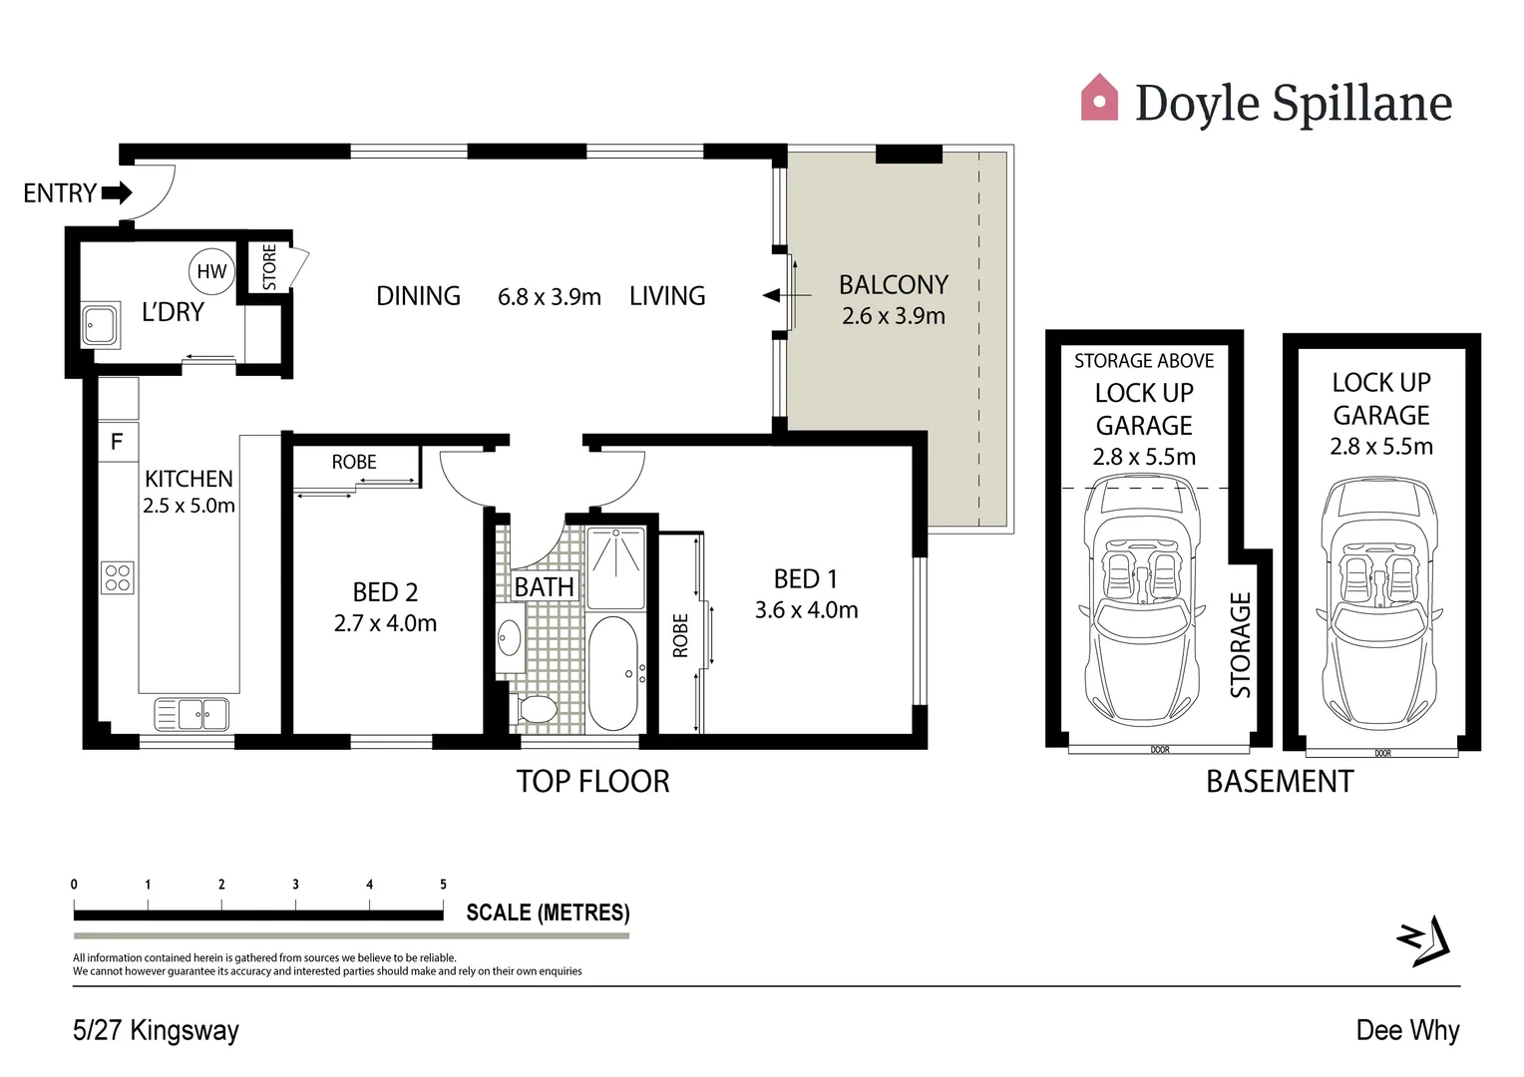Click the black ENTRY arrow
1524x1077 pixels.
point(117,192)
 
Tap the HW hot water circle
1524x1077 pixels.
point(211,271)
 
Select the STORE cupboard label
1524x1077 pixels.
point(269,267)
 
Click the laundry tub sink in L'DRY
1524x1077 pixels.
point(101,324)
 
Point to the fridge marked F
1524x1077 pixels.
point(117,441)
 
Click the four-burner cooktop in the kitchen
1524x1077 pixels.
point(118,577)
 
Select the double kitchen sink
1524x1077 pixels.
point(192,714)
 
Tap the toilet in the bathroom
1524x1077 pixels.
point(538,710)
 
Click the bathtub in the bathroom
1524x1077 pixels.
point(612,673)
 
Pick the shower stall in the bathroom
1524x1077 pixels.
point(615,567)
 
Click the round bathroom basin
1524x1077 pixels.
point(510,637)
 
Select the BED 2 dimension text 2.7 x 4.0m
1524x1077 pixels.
point(385,623)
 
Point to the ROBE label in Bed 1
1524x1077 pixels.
point(680,635)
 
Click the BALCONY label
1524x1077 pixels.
point(893,285)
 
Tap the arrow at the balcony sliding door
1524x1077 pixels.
point(772,295)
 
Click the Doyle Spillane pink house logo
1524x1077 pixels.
point(1099,98)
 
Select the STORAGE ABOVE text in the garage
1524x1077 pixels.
point(1144,361)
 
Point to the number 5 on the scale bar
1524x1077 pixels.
point(443,885)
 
